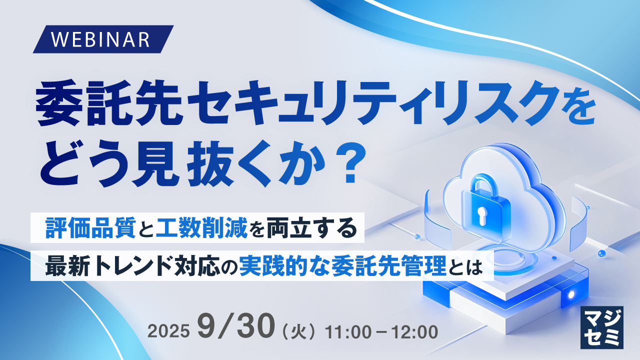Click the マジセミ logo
[x=602, y=327]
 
